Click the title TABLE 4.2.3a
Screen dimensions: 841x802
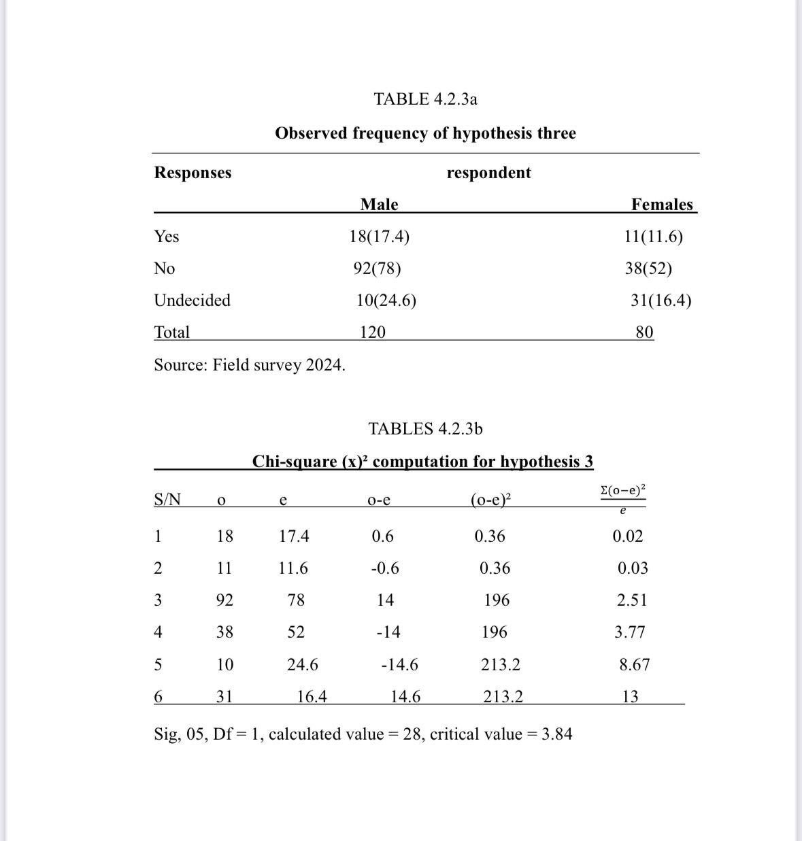[x=425, y=99]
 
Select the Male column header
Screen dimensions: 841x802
[x=379, y=205]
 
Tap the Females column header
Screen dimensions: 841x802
[x=661, y=205]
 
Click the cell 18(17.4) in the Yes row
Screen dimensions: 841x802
[x=379, y=237]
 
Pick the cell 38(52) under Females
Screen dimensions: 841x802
[x=648, y=269]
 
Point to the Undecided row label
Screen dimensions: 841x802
[x=192, y=301]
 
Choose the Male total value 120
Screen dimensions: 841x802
[x=372, y=332]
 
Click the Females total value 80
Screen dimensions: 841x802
[x=644, y=332]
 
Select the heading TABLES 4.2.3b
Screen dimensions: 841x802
[x=425, y=429]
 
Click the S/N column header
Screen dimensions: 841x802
[x=167, y=500]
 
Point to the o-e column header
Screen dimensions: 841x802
[x=378, y=500]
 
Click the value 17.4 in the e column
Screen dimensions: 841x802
[x=294, y=536]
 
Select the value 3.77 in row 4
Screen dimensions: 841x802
[x=629, y=632]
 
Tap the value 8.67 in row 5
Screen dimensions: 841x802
[x=634, y=664]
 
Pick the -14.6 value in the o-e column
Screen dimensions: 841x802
[x=399, y=664]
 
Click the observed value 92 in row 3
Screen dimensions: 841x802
[x=224, y=600]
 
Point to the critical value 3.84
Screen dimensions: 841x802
[x=556, y=734]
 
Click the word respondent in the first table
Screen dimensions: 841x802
[x=488, y=173]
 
